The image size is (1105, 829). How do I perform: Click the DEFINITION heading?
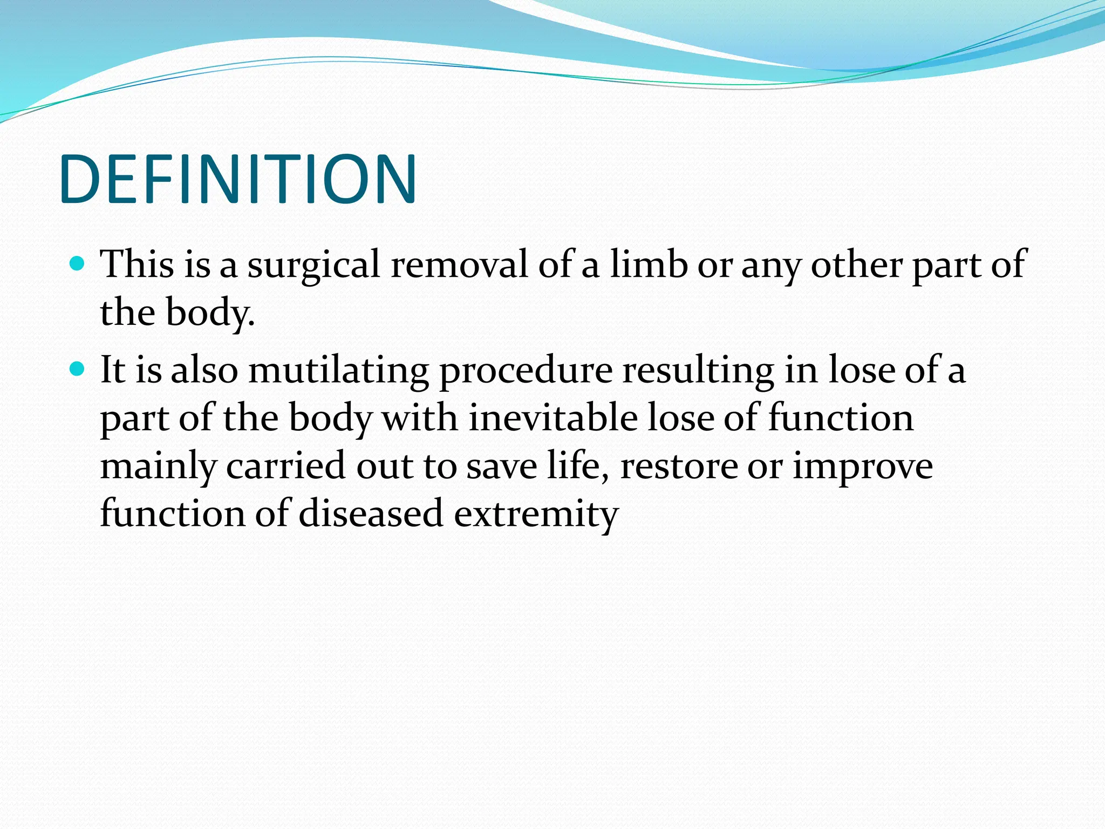pos(238,180)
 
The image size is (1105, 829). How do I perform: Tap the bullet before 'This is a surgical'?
pos(78,264)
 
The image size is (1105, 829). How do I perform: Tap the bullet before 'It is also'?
pos(78,370)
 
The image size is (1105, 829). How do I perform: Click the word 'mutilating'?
pos(338,371)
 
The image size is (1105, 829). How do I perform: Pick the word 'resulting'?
pos(698,371)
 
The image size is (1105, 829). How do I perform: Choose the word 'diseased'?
pos(371,513)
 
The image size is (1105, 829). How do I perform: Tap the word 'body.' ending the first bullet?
pos(210,313)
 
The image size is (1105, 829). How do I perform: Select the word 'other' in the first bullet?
pos(857,264)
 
